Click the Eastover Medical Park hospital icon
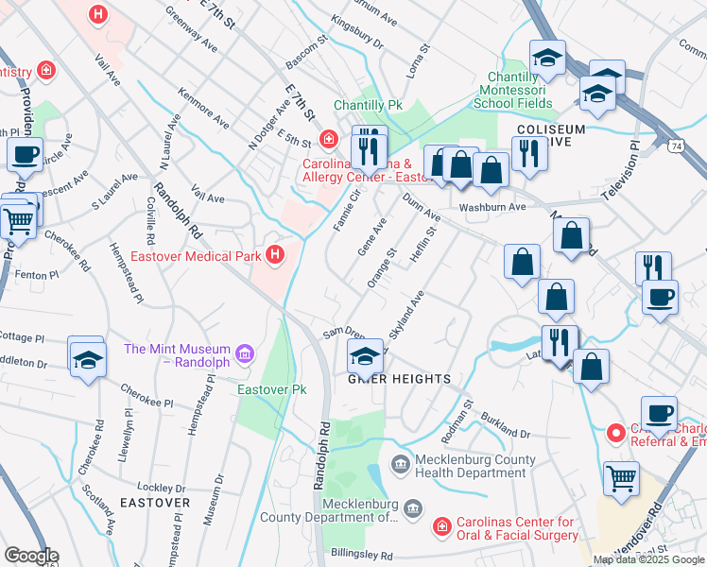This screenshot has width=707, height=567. [x=275, y=254]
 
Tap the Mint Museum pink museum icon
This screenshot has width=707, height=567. [x=246, y=353]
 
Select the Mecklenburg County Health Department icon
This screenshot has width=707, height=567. [x=399, y=464]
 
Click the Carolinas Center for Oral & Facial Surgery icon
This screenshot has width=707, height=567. [x=440, y=525]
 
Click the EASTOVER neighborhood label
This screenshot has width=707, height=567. [x=155, y=503]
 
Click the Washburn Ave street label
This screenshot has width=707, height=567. [x=491, y=207]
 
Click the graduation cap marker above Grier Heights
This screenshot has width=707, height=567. [x=365, y=357]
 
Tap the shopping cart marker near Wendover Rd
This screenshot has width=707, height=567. [x=621, y=478]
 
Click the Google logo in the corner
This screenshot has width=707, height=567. [x=30, y=556]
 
